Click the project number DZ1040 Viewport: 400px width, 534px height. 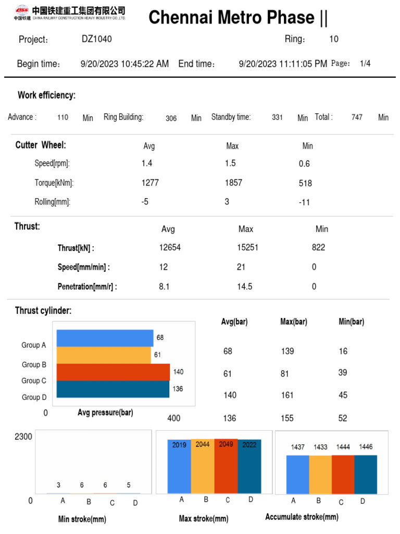[96, 39]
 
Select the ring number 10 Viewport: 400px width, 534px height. [334, 39]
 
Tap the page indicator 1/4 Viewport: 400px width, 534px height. [365, 64]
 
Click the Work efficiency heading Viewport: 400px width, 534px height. [47, 95]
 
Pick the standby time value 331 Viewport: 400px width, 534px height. [277, 118]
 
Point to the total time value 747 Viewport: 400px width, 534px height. [357, 118]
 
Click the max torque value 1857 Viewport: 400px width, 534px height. [233, 183]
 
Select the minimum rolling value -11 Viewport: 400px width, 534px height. [304, 202]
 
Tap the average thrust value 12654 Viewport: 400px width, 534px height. [170, 248]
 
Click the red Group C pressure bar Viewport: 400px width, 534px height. [113, 372]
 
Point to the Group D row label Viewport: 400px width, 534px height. [34, 397]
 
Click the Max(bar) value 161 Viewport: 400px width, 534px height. [287, 395]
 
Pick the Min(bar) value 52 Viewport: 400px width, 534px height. [343, 418]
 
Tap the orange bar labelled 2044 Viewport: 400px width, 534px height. [202, 467]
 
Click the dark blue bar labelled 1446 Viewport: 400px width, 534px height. [366, 474]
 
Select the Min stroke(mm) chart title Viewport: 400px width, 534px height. [82, 519]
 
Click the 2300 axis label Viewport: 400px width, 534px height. [23, 436]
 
